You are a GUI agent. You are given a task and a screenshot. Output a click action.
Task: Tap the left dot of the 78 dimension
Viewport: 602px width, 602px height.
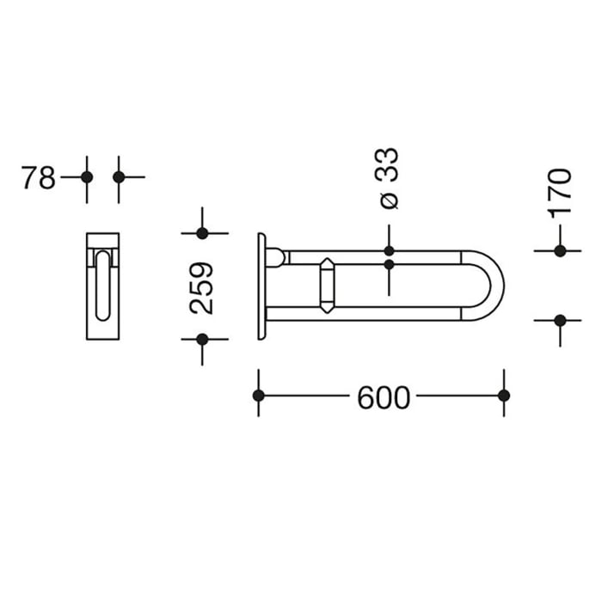click(x=86, y=177)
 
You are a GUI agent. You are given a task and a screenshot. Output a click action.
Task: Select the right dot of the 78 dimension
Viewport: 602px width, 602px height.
click(x=119, y=177)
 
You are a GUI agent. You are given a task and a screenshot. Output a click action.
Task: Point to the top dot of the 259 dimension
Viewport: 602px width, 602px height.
click(x=202, y=233)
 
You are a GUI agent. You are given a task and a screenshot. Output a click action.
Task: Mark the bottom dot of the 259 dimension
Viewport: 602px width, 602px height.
click(x=202, y=339)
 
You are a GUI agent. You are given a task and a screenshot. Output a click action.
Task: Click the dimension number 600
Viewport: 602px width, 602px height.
click(x=383, y=396)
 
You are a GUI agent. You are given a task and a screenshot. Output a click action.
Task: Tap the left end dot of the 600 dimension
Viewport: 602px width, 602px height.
click(x=258, y=396)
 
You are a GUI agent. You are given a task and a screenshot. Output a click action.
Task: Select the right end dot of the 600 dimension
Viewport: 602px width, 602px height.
click(x=504, y=396)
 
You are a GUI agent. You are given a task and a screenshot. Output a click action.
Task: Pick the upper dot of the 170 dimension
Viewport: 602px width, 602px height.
click(x=560, y=251)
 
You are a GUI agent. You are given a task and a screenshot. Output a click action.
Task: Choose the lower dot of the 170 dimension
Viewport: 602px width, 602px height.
click(x=560, y=320)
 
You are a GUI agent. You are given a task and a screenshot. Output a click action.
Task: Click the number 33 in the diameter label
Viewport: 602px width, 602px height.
click(x=389, y=164)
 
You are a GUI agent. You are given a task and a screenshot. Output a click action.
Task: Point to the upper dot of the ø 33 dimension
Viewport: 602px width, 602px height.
click(x=389, y=251)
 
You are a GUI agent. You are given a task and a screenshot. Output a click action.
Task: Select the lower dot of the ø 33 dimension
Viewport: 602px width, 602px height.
click(x=389, y=266)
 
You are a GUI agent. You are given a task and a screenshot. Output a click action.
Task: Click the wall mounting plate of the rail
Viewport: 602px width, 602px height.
click(x=261, y=286)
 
